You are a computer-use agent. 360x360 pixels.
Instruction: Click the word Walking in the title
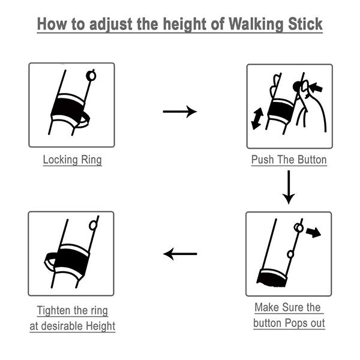pyautogui.click(x=256, y=24)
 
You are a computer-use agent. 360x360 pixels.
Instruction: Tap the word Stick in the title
pyautogui.click(x=305, y=24)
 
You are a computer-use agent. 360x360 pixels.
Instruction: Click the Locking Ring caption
pyautogui.click(x=73, y=160)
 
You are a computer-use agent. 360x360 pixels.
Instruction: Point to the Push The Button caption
pyautogui.click(x=289, y=160)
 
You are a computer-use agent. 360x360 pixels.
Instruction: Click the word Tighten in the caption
pyautogui.click(x=53, y=310)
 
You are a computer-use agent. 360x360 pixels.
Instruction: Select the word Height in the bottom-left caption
pyautogui.click(x=101, y=326)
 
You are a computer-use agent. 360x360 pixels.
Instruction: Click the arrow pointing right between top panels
pyautogui.click(x=180, y=112)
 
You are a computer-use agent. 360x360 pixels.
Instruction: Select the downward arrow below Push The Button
pyautogui.click(x=289, y=187)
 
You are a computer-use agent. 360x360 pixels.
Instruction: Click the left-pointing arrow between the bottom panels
pyautogui.click(x=180, y=254)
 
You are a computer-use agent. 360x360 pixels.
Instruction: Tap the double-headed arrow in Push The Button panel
pyautogui.click(x=257, y=118)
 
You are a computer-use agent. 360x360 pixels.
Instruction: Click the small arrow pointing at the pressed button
pyautogui.click(x=316, y=87)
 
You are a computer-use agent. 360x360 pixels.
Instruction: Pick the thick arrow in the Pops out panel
pyautogui.click(x=313, y=232)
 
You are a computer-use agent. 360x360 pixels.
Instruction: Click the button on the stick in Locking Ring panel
pyautogui.click(x=91, y=76)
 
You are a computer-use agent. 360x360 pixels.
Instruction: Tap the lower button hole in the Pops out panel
pyautogui.click(x=290, y=254)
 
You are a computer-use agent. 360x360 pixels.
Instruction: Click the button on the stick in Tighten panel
pyautogui.click(x=93, y=226)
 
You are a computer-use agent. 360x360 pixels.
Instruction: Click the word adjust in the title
pyautogui.click(x=110, y=24)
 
